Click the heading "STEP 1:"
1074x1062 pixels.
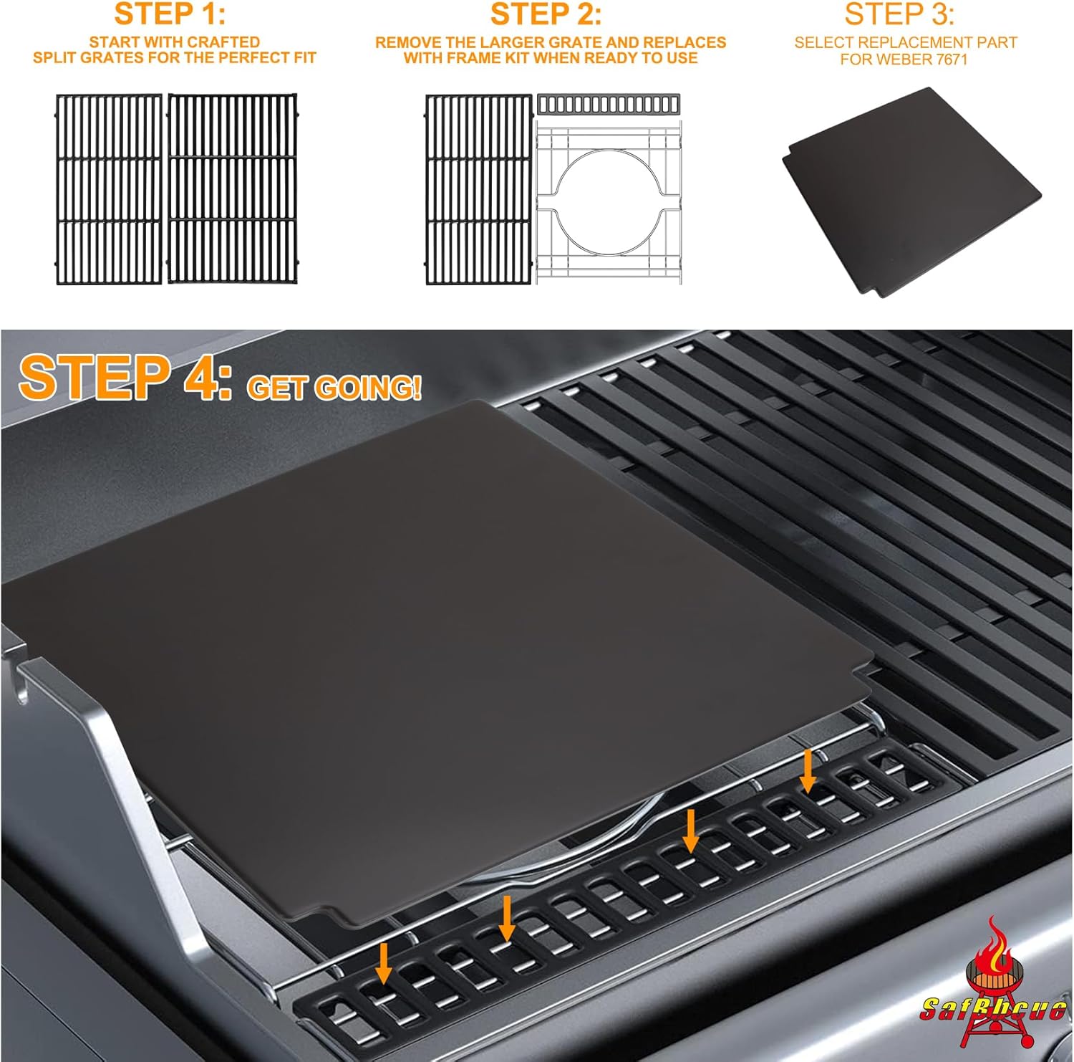170,14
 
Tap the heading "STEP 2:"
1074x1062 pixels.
546,14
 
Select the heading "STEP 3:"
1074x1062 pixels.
899,14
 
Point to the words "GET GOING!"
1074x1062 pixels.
334,388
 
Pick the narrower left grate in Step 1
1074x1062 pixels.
109,188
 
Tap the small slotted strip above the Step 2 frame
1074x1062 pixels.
609,105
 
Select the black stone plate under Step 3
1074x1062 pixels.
909,191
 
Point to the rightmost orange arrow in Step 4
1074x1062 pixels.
808,771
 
